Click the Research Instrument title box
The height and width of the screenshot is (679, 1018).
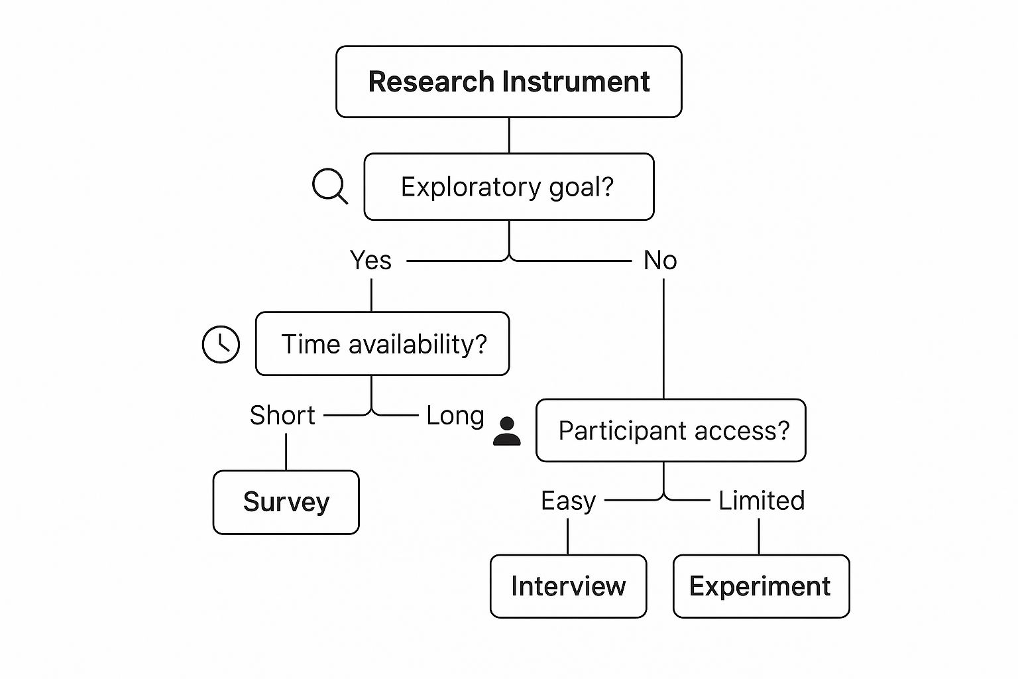coord(508,82)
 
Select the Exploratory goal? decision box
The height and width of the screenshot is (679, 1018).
coord(508,187)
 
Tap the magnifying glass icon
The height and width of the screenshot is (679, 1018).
coord(329,186)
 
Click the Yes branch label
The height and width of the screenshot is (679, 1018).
coord(370,261)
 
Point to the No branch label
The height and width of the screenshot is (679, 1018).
coord(660,261)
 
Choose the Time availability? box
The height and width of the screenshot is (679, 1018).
coord(382,344)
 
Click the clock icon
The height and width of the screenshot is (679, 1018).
coord(221,344)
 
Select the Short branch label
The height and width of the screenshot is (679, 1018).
coord(282,416)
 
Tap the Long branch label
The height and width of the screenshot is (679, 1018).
coord(455,416)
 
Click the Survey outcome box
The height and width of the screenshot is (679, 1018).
coord(286,502)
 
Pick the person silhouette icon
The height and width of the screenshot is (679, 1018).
coord(507,432)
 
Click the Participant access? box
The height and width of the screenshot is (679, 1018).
coord(671,430)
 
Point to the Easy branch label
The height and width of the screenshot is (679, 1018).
coord(568,501)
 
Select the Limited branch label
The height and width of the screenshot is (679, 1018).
coord(762,501)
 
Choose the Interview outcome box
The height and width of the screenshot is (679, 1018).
coord(568,586)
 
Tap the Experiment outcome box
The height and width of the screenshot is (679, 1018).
coord(761,586)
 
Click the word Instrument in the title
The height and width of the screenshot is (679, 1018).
coord(575,82)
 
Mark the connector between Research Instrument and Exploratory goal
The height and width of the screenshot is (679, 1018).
coord(509,135)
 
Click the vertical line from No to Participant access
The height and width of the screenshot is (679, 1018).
coord(663,338)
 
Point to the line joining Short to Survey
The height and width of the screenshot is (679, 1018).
coord(286,452)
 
